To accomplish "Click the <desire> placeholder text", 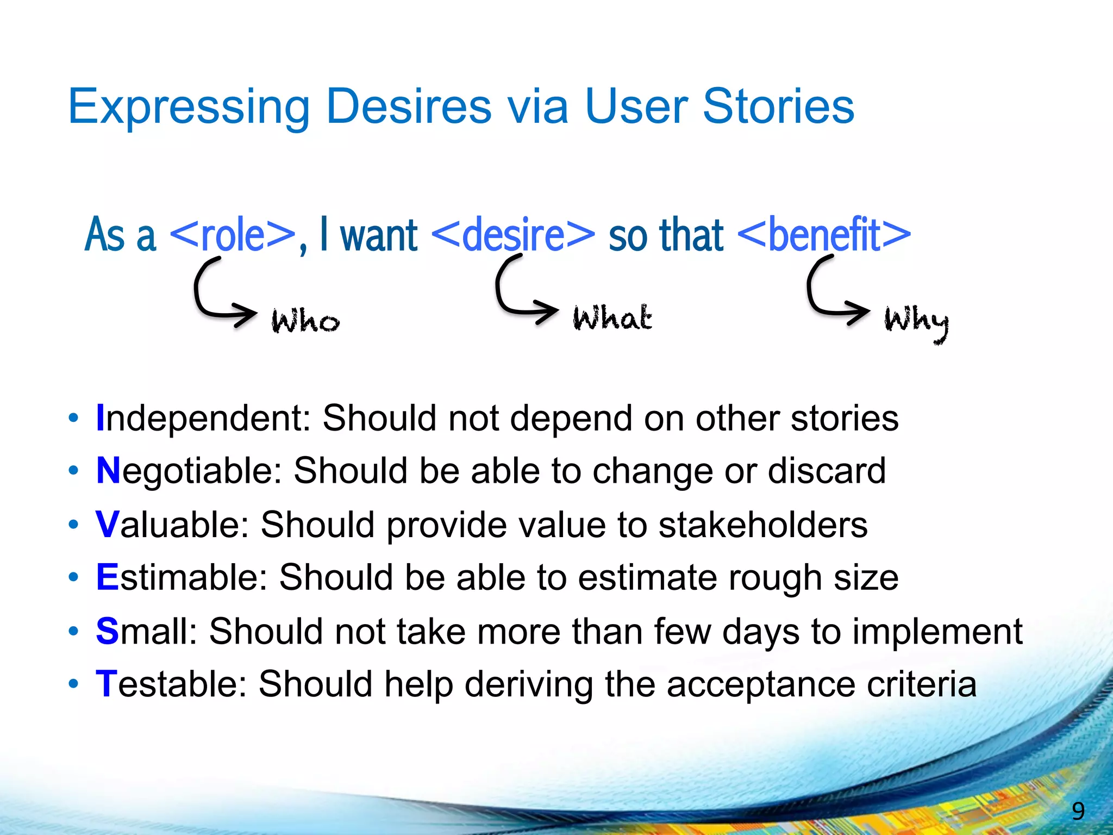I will pyautogui.click(x=513, y=235).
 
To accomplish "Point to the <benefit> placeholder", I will pyautogui.click(x=824, y=235).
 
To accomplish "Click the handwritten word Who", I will pyautogui.click(x=305, y=321).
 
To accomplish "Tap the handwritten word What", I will pyautogui.click(x=612, y=318).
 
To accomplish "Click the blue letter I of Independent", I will pyautogui.click(x=100, y=418).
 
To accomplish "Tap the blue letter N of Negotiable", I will pyautogui.click(x=108, y=470).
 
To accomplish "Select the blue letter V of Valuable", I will pyautogui.click(x=107, y=525).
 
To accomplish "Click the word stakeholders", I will pyautogui.click(x=763, y=525).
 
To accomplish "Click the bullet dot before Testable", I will pyautogui.click(x=73, y=684).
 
